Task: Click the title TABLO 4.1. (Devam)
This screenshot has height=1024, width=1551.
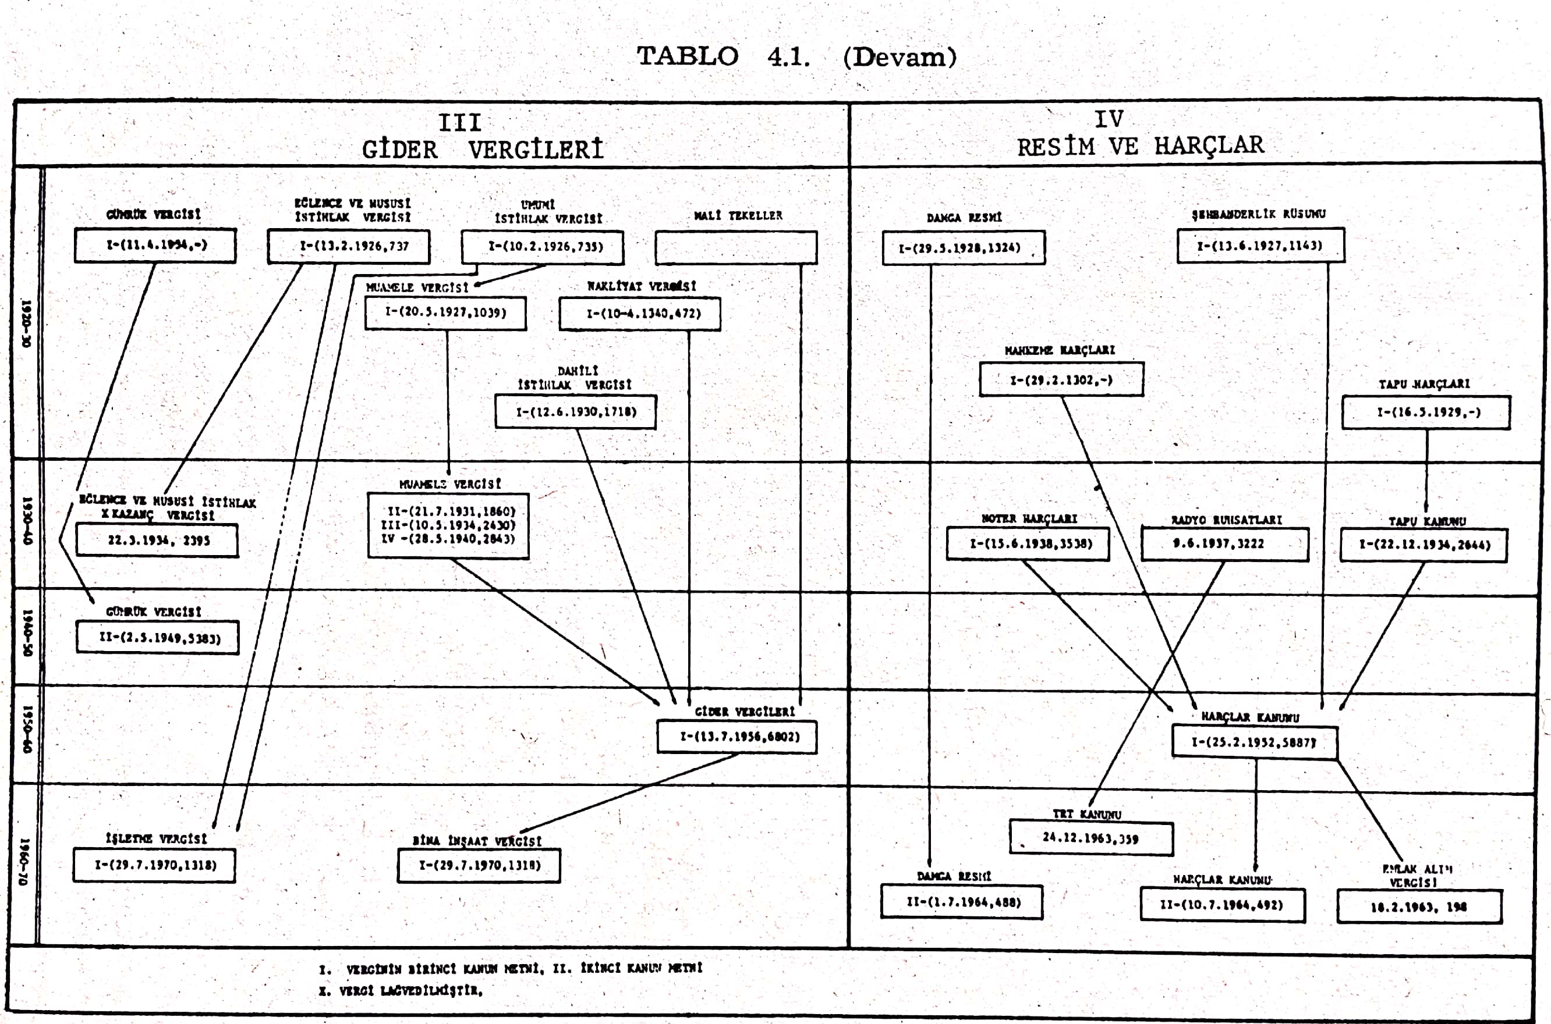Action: tap(796, 57)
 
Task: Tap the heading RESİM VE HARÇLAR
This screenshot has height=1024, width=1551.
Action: tap(1140, 146)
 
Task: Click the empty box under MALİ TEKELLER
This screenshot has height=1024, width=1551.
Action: tap(736, 247)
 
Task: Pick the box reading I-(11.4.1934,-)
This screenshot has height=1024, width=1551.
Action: tap(155, 246)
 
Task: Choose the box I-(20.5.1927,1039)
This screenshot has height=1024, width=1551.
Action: tap(445, 313)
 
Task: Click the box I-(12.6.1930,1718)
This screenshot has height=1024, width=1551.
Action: tap(576, 412)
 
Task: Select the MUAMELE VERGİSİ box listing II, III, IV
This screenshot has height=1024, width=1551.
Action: tap(448, 526)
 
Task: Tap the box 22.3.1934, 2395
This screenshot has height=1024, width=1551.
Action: tap(157, 541)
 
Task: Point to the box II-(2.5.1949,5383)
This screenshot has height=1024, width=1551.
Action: tap(157, 638)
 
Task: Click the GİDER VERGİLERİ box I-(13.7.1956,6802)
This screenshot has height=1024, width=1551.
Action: tap(737, 737)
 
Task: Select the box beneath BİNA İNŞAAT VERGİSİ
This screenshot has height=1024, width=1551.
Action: tap(479, 866)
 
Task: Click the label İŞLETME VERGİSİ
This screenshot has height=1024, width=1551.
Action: tap(156, 838)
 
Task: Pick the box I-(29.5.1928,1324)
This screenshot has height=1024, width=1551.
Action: tap(963, 248)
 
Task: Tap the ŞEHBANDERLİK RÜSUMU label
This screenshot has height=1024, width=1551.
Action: tap(1258, 214)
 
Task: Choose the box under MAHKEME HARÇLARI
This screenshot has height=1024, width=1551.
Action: tap(1061, 380)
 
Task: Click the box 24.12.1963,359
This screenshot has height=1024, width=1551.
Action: tap(1091, 838)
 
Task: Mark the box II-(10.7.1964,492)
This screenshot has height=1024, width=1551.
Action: tap(1223, 906)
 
